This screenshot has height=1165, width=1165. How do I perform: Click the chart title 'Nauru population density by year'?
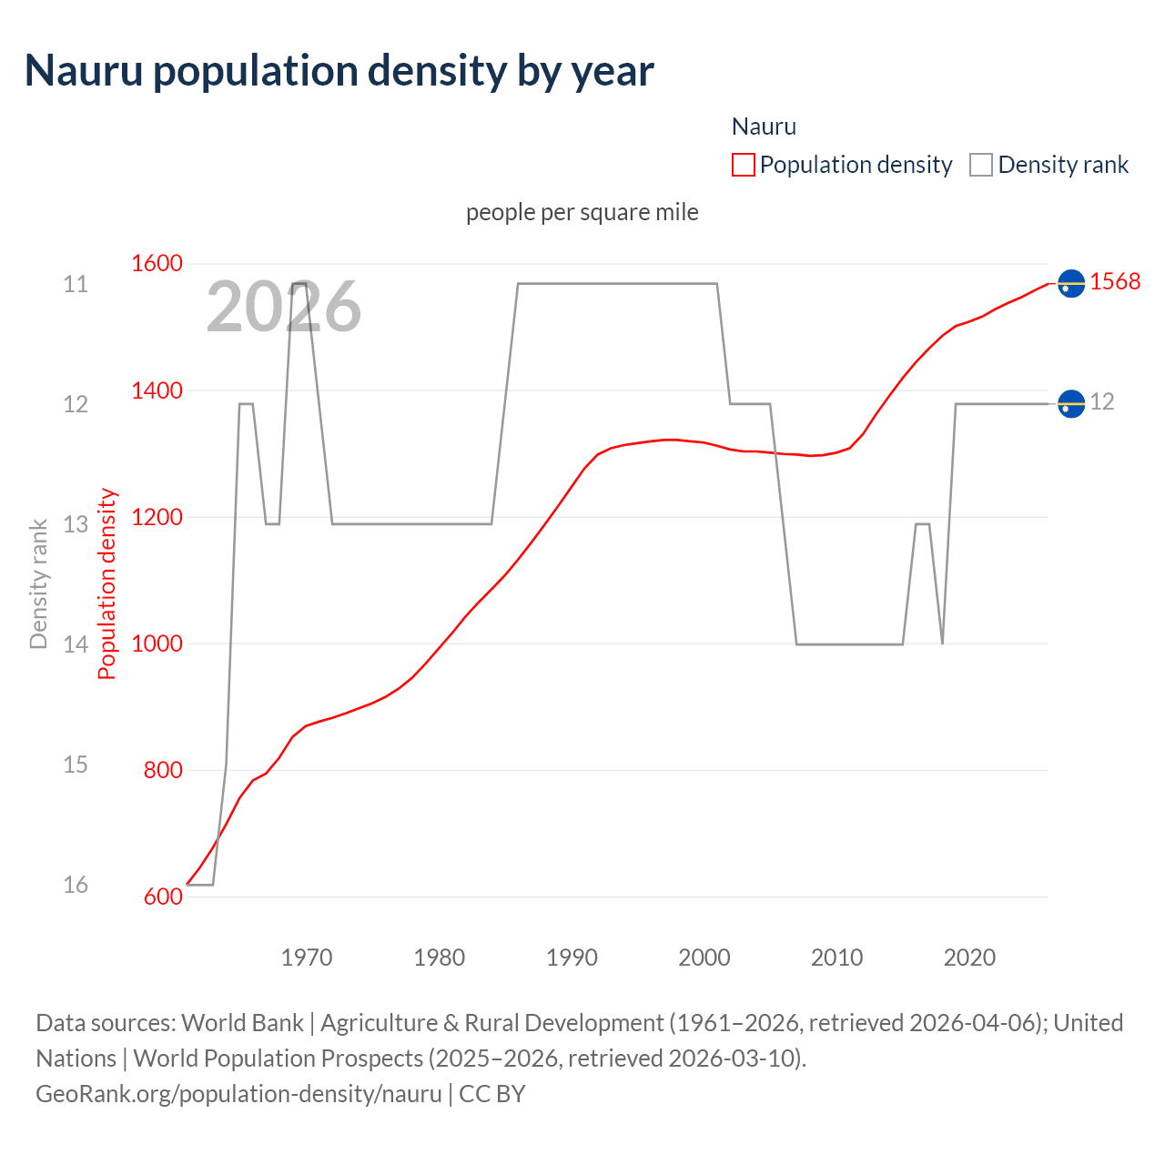coord(339,71)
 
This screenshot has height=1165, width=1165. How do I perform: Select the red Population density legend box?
coord(743,165)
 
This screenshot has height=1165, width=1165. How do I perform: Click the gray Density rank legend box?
coord(980,165)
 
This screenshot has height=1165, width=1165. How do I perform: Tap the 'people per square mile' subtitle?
coord(582,212)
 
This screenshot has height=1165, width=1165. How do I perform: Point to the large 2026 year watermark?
coord(284,307)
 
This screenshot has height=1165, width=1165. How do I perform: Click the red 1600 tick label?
coord(157,263)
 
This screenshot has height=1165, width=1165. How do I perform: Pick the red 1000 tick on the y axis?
coord(157,643)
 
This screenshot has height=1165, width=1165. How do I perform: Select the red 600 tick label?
coord(163,897)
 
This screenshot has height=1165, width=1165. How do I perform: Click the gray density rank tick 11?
coord(76,284)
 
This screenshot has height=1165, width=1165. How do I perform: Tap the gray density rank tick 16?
coord(76,885)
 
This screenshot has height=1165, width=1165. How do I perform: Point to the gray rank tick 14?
coord(76,644)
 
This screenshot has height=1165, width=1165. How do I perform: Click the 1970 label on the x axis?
coord(307,957)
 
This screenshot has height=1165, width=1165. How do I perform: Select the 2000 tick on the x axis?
coord(704,957)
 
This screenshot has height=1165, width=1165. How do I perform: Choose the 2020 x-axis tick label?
coord(969,957)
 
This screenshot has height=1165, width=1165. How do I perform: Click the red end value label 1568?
coord(1115,282)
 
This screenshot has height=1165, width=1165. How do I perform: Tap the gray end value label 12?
coord(1102,401)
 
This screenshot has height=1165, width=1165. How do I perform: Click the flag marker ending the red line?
coord(1071,284)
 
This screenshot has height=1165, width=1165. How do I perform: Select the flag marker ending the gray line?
coord(1071,403)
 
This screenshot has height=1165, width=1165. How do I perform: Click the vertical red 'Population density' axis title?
coord(107,583)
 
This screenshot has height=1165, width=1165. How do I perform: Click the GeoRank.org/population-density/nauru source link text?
coord(238,1093)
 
